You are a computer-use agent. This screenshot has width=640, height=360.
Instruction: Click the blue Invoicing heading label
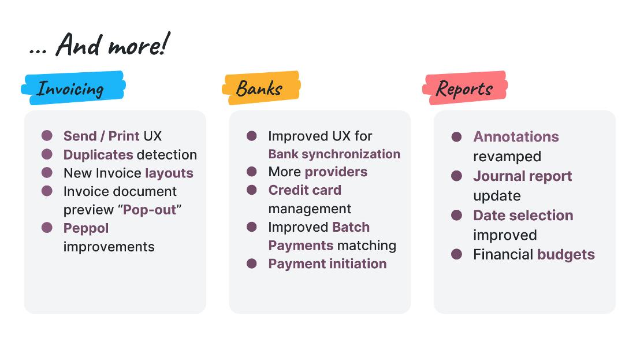[x=73, y=88]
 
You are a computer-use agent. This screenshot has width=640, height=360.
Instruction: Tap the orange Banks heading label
[x=261, y=88]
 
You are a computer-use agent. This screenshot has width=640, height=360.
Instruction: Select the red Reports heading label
[x=465, y=88]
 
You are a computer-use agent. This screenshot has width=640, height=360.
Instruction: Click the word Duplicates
[x=98, y=155]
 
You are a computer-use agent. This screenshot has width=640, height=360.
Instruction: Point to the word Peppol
[x=86, y=229]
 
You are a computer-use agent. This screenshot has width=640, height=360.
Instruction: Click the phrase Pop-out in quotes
[x=150, y=210]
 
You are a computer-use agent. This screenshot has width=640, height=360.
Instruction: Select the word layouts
[x=169, y=173]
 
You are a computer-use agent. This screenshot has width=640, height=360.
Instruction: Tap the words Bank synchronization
[x=334, y=154]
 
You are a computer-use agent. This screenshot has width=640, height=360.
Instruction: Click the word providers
[x=336, y=172]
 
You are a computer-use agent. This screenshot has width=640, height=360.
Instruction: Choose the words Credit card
[x=305, y=190]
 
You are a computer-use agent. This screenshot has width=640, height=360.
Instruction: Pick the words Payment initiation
[x=328, y=264]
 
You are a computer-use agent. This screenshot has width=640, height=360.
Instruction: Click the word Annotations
[x=516, y=137]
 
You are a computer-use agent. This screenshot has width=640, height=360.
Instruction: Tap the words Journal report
[x=522, y=176]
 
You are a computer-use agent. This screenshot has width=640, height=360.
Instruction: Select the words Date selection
[x=523, y=216]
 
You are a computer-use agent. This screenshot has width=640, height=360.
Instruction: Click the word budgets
[x=566, y=255]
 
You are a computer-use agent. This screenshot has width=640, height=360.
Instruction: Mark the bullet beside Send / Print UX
[x=47, y=136]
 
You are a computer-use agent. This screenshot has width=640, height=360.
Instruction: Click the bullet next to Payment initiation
[x=252, y=263]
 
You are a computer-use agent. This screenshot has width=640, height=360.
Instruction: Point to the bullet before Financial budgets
[x=457, y=254]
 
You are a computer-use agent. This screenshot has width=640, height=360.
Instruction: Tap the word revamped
[x=507, y=157]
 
